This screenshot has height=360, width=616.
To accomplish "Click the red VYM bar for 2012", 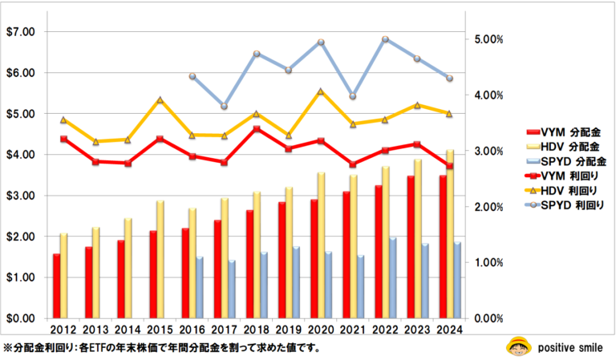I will point(56,286).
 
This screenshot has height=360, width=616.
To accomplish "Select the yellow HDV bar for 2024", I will point(450,233).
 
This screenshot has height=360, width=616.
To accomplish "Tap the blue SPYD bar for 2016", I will point(199,287).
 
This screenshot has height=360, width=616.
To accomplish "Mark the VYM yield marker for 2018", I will point(256,128).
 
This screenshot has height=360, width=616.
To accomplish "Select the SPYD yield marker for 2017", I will point(225,106).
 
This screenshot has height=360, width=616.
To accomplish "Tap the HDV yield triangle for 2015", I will point(160,100).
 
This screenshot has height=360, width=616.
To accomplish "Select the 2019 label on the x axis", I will point(286,330).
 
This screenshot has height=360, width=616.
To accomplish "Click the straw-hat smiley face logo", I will point(516,346).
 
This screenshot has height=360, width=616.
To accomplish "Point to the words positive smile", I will point(565,347).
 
